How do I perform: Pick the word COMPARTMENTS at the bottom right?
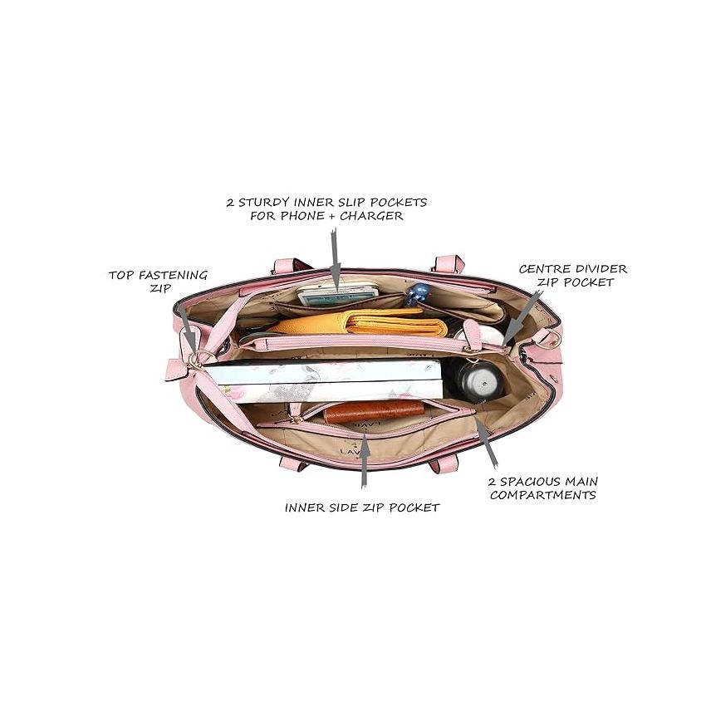(x=543, y=495)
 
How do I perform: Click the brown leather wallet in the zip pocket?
(x=374, y=410)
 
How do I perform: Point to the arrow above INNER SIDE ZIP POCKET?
(x=363, y=457)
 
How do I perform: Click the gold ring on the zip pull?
(x=194, y=359)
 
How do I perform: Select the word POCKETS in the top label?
(x=402, y=202)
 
